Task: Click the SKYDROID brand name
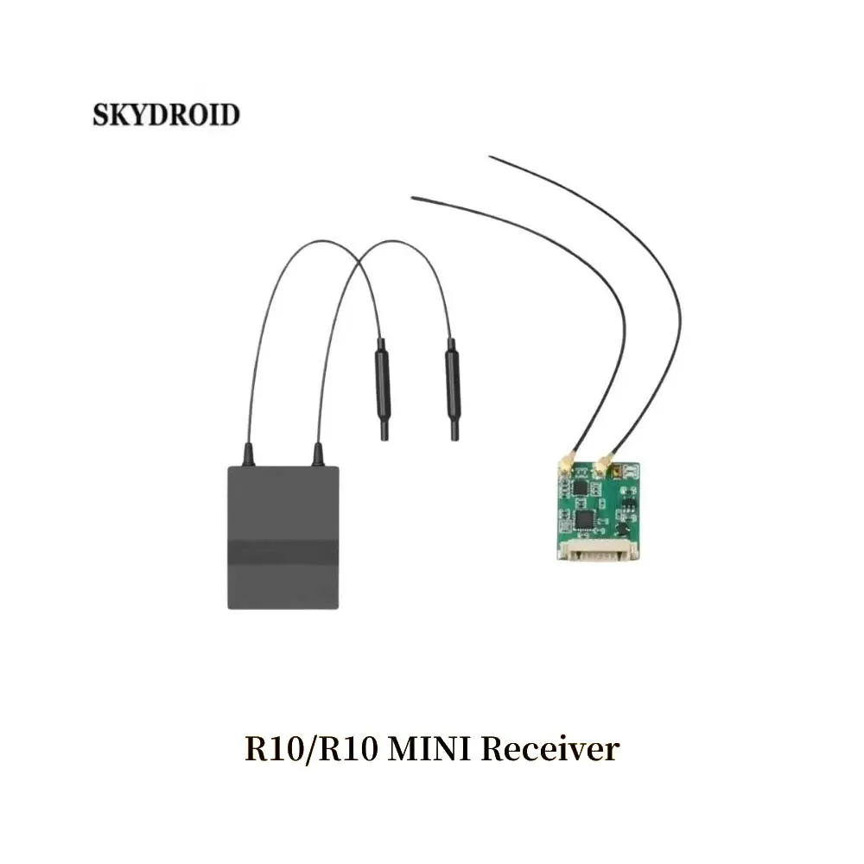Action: pos(166,115)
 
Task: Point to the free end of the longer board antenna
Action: pos(491,157)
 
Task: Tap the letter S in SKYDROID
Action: pos(100,115)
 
